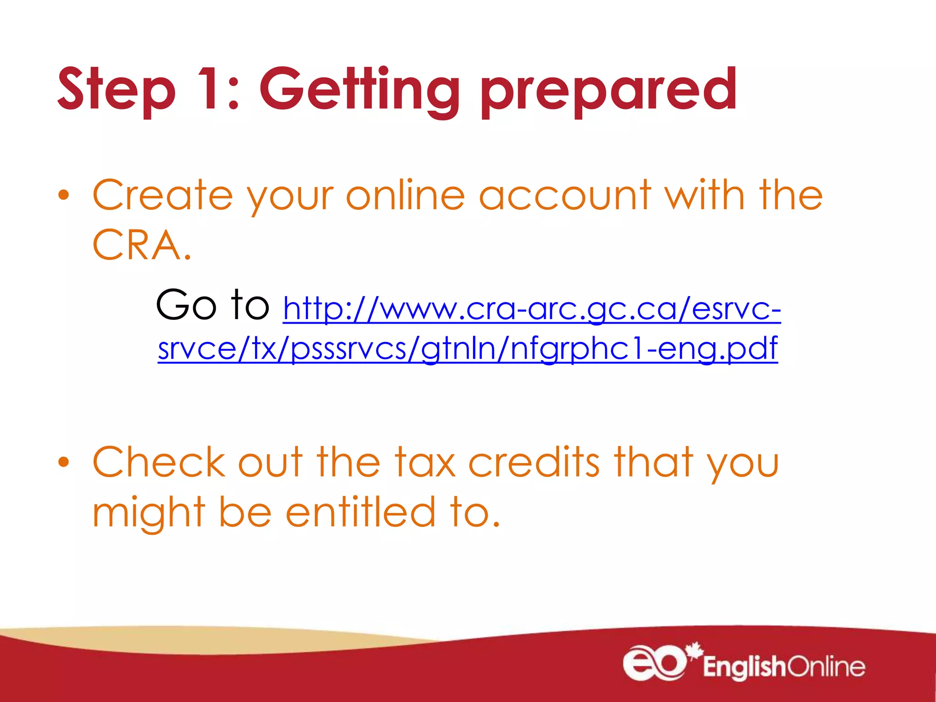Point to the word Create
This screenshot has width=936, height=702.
[163, 195]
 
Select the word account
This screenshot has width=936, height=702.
[565, 195]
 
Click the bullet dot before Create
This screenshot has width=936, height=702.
[64, 195]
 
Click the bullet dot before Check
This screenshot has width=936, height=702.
[64, 462]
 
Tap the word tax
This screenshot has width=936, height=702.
[425, 462]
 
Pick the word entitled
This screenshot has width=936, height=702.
[361, 512]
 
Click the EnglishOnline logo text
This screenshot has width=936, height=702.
[784, 667]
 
